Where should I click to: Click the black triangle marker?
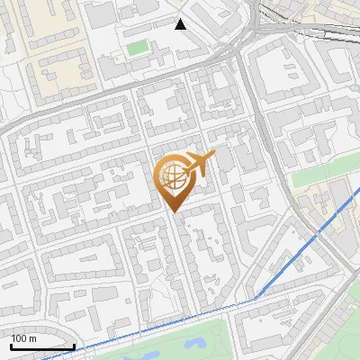[x=181, y=24]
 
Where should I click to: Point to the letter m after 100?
[x=34, y=338]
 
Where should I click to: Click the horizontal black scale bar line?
[x=42, y=346]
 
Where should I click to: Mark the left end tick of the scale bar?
[x=11, y=345]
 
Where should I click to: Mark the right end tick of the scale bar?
[x=74, y=345]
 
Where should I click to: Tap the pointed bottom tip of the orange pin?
[x=174, y=211]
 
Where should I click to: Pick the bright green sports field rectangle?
[x=136, y=47]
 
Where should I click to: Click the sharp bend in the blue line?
[x=256, y=298]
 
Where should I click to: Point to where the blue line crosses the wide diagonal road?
[x=318, y=232]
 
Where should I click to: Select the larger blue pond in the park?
[x=194, y=342]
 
